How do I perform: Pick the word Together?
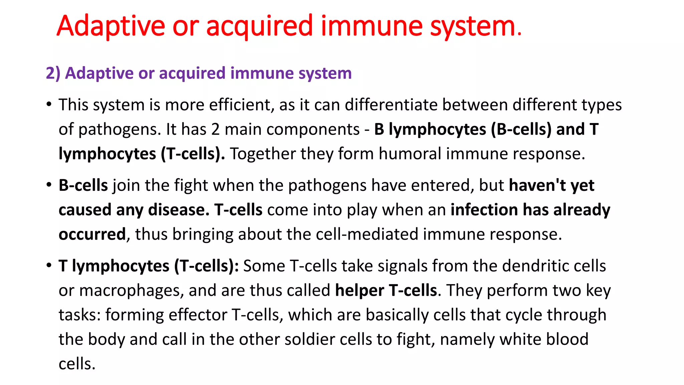click(x=263, y=154)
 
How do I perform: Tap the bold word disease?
click(x=178, y=210)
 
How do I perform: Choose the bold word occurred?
click(x=92, y=234)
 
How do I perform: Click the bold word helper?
click(x=359, y=290)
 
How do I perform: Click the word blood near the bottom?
click(x=567, y=339)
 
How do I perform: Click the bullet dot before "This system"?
click(x=49, y=104)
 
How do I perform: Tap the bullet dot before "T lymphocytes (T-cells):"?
click(x=49, y=265)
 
